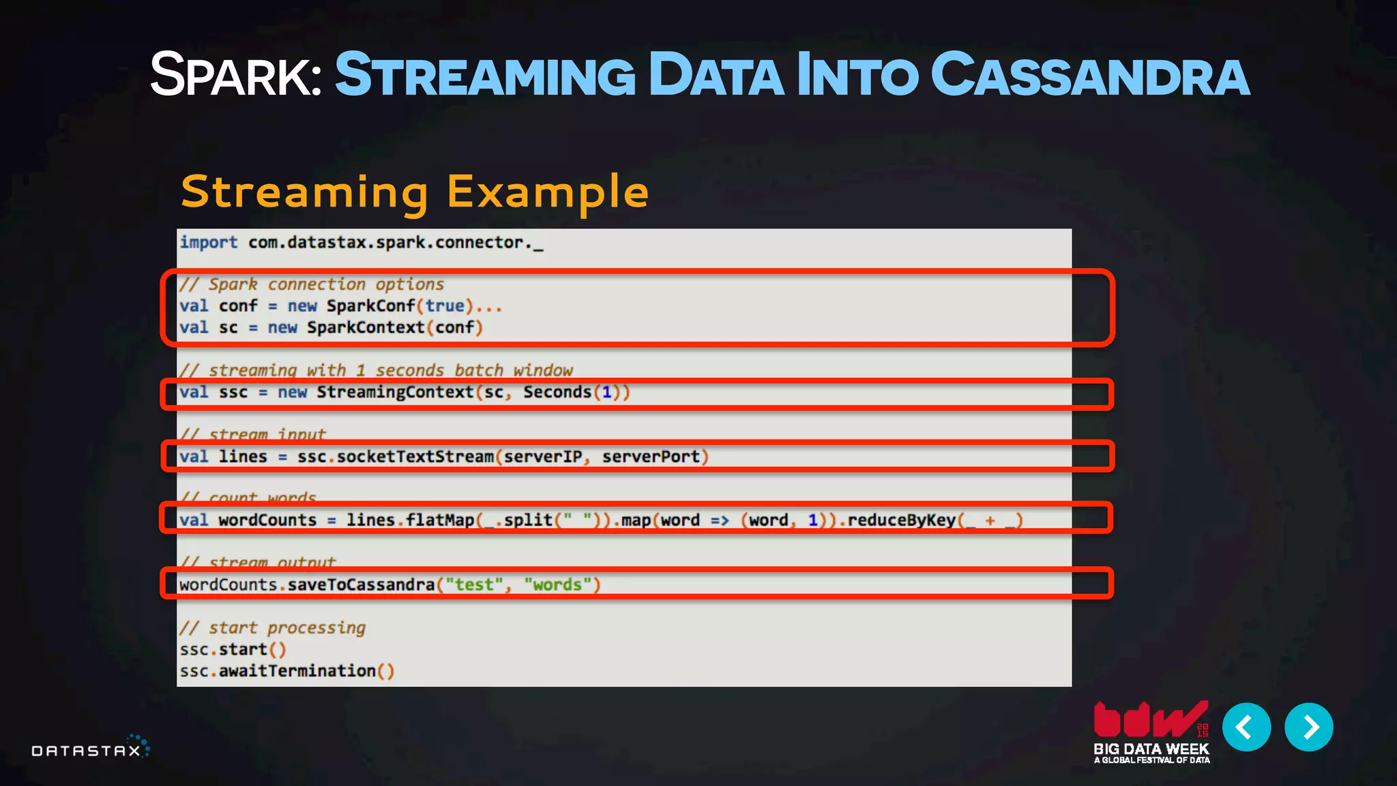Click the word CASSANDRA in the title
click(x=1089, y=75)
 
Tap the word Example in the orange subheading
click(x=547, y=192)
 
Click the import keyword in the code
click(x=209, y=243)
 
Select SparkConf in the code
click(x=370, y=306)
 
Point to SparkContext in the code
click(x=366, y=328)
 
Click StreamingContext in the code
click(x=395, y=392)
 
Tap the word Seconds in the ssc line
click(x=557, y=392)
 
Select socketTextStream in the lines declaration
click(x=415, y=457)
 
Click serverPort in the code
click(x=651, y=457)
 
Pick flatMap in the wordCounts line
click(x=440, y=521)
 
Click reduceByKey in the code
click(x=901, y=521)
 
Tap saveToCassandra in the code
click(x=361, y=585)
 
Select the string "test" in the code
click(x=474, y=585)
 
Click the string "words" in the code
click(x=557, y=585)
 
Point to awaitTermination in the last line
click(x=297, y=671)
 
